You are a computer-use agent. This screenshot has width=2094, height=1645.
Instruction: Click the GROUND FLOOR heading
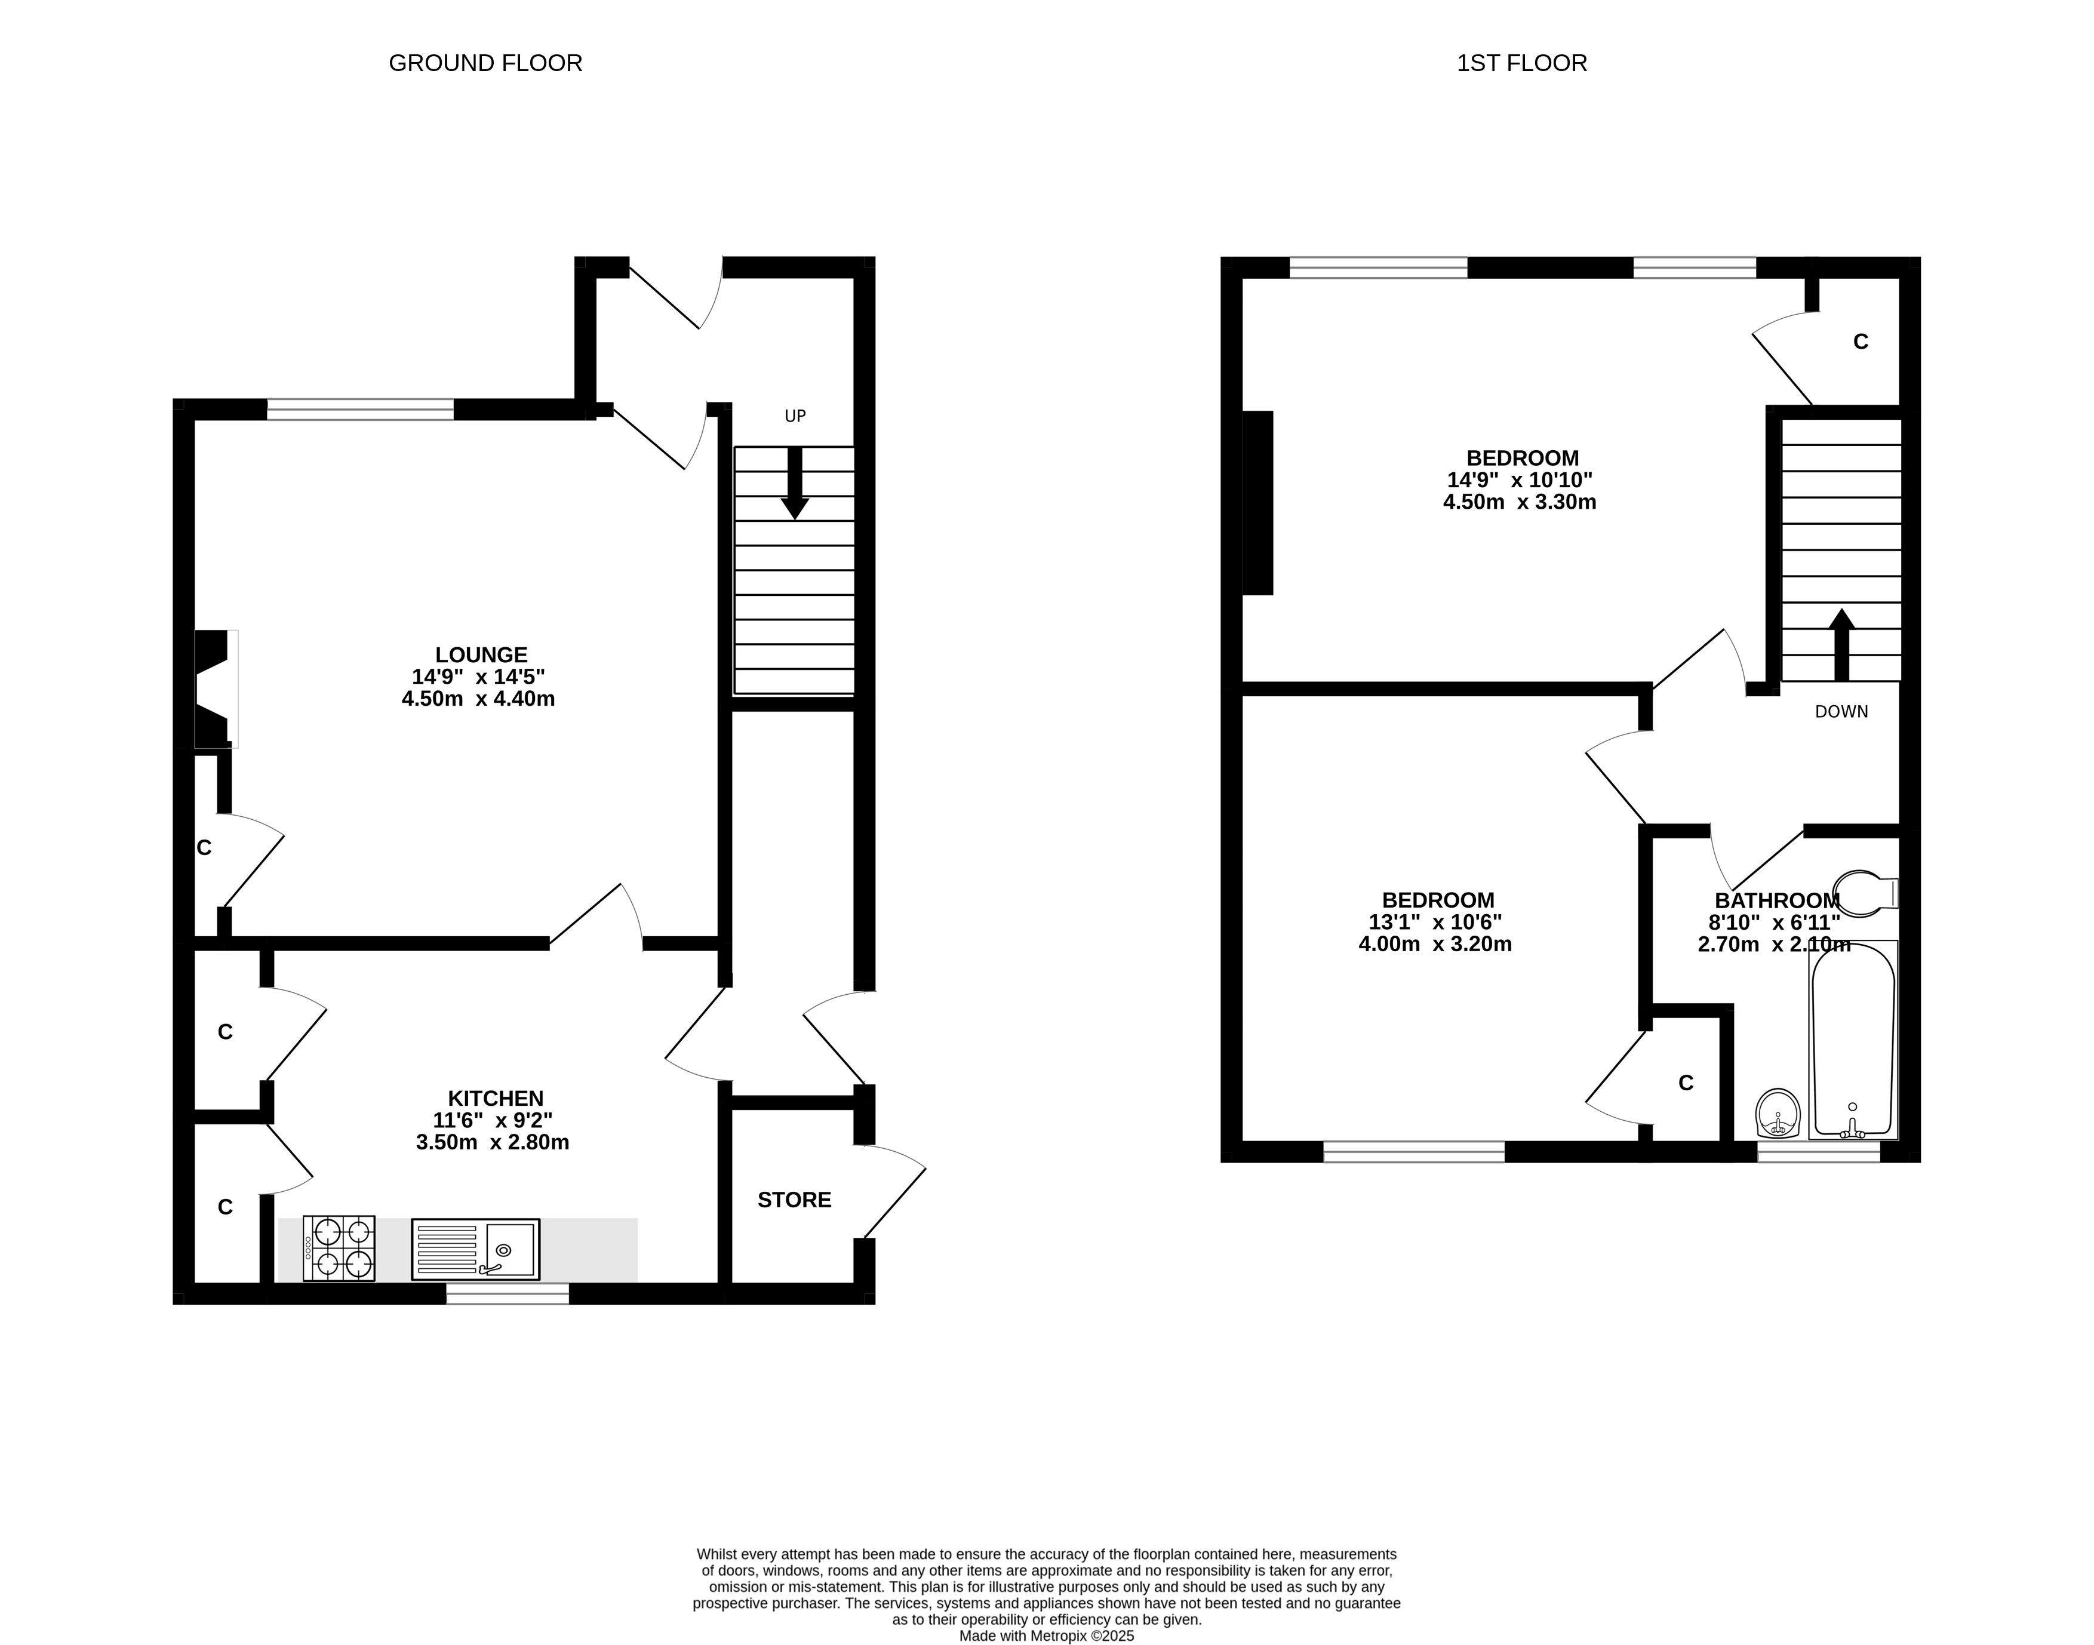pos(485,63)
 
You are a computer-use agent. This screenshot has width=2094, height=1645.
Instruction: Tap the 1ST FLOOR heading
pos(1522,63)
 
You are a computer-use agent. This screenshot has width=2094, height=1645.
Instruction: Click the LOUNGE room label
pos(482,655)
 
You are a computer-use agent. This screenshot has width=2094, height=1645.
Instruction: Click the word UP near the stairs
pos(795,416)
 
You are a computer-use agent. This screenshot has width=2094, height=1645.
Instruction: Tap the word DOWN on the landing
pos(1841,712)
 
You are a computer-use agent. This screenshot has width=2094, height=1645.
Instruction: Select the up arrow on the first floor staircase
pos(1841,645)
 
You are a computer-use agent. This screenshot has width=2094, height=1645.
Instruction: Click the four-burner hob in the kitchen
pos(339,1248)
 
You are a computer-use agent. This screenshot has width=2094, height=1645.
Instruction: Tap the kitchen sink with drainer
pos(476,1249)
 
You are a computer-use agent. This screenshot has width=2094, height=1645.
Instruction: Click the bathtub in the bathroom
pos(1853,1040)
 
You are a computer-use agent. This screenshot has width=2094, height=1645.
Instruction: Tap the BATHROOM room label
pos(1777,900)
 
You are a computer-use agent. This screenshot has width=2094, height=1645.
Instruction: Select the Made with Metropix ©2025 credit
pos(1047,1635)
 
